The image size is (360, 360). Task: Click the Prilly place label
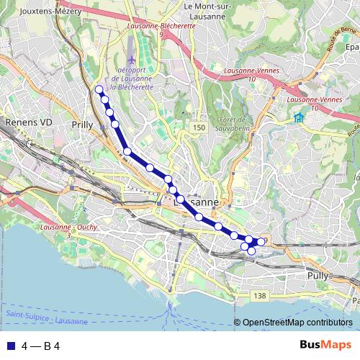coord(83,125)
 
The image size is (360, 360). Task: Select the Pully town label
coord(318,275)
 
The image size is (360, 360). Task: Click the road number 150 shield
coord(199,127)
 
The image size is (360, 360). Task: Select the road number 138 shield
coord(260,296)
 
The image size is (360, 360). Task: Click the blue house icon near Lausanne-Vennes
coord(298,118)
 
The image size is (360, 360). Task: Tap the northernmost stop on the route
coord(99,89)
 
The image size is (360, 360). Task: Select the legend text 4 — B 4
coord(40,346)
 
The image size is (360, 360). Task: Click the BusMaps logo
coord(325,345)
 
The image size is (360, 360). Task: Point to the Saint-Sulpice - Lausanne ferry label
coord(47,318)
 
